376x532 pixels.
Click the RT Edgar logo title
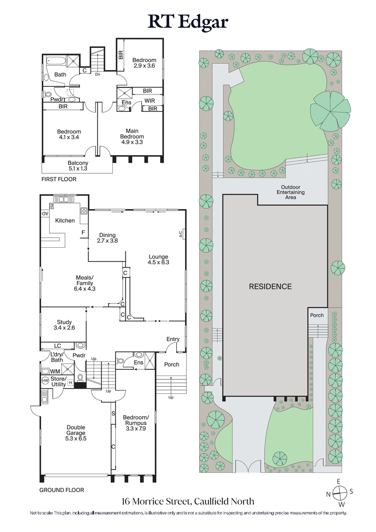(188, 22)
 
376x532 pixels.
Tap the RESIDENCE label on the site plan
(270, 286)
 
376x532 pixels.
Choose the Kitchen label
(65, 220)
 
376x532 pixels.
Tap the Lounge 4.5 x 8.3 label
(158, 259)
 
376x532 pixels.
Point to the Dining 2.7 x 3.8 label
(107, 238)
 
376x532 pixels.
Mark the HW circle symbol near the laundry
(46, 380)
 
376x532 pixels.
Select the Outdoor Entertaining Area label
(290, 195)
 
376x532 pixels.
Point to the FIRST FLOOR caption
(59, 179)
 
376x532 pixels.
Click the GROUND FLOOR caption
(62, 490)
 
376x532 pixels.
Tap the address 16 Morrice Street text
(188, 501)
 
